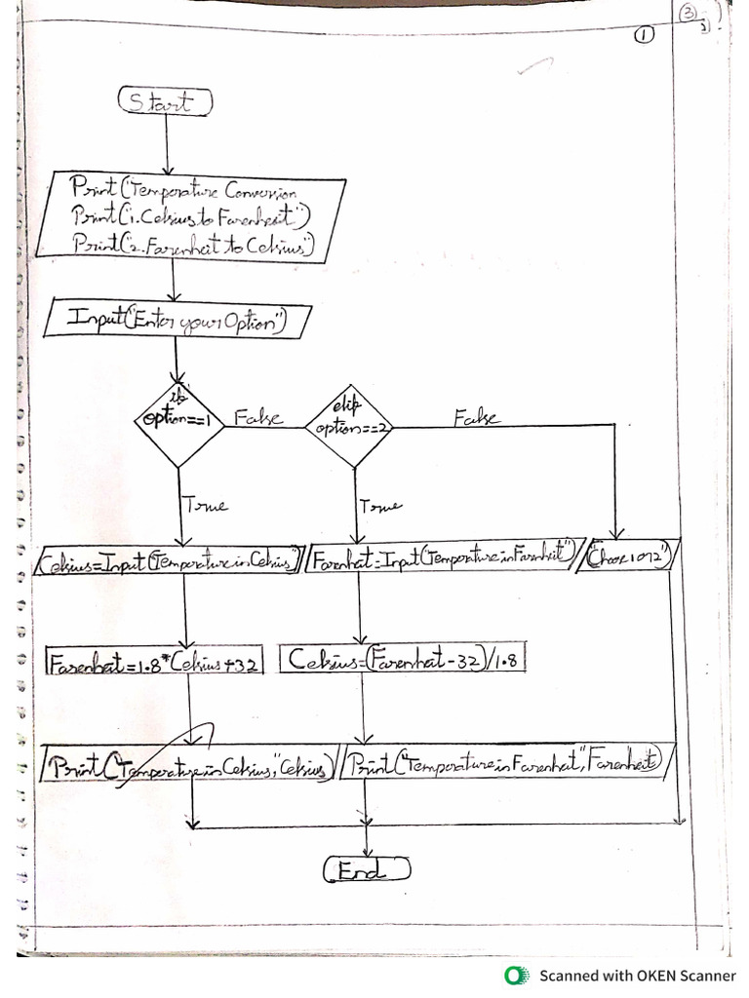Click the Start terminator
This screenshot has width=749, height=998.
point(165,100)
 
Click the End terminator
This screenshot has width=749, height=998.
point(366,869)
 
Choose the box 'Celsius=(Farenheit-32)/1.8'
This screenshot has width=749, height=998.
point(402,660)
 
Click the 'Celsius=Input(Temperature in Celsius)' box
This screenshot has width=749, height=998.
point(169,562)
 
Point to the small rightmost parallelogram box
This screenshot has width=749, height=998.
point(631,558)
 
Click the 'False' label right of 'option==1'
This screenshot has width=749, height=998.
point(258,419)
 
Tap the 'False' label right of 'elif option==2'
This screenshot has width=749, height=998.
point(476,419)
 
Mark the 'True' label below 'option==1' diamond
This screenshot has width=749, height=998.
point(205,505)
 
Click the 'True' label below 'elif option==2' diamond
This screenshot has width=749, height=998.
point(379,506)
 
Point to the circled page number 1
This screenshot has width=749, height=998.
point(644,34)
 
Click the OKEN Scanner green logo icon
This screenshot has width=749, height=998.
point(514,975)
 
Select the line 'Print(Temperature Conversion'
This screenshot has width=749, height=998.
point(195,187)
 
